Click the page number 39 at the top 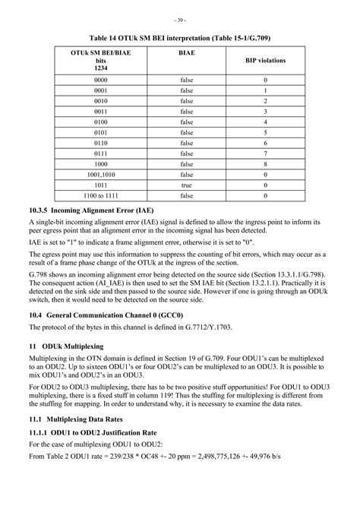[179, 19]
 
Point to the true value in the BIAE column [187, 185]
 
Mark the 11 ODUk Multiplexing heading [74, 346]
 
